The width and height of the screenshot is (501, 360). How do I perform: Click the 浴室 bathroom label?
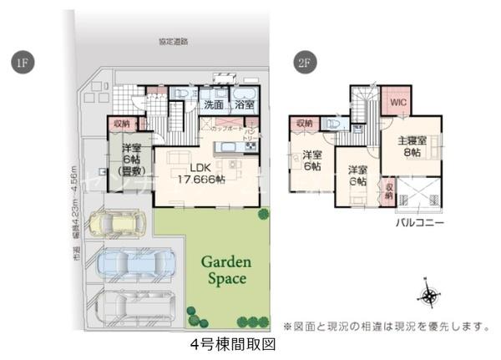[244, 105]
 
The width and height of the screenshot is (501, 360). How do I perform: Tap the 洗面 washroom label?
[213, 105]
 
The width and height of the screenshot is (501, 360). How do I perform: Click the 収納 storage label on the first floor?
[122, 124]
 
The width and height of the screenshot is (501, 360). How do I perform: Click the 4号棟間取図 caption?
[232, 343]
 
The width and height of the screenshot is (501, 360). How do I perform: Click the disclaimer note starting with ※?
[383, 326]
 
